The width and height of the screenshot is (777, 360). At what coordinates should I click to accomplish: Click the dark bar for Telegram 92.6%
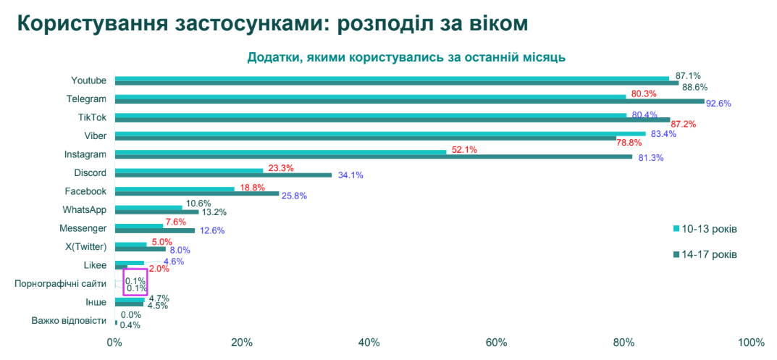coord(409,101)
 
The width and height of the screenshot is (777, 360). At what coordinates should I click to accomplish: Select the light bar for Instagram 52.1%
coord(280,151)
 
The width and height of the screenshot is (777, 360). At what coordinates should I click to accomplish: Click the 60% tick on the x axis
coord(496,343)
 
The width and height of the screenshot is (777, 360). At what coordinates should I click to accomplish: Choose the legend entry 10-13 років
coord(705,229)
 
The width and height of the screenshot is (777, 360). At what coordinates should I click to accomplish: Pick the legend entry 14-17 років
coord(705,254)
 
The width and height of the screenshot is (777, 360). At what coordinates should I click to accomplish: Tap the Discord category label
coord(90,172)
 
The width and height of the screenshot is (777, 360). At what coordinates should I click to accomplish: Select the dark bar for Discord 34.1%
coord(223,175)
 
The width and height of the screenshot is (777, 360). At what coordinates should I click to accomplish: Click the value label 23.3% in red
coord(281,168)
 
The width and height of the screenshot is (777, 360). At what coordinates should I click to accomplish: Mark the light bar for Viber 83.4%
coord(380,133)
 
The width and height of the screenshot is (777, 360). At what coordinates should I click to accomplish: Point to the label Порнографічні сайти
coord(60,284)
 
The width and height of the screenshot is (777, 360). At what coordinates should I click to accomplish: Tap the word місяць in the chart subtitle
coord(544,57)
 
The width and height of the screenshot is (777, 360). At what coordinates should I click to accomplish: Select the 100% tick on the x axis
coord(751,343)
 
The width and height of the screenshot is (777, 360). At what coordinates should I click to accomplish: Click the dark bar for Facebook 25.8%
coord(197,193)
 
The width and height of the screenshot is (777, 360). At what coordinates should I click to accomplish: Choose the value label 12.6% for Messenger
coord(212,230)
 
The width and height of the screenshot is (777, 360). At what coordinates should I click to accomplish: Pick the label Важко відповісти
coord(69,320)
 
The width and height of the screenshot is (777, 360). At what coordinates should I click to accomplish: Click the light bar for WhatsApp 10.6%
coord(148,207)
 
